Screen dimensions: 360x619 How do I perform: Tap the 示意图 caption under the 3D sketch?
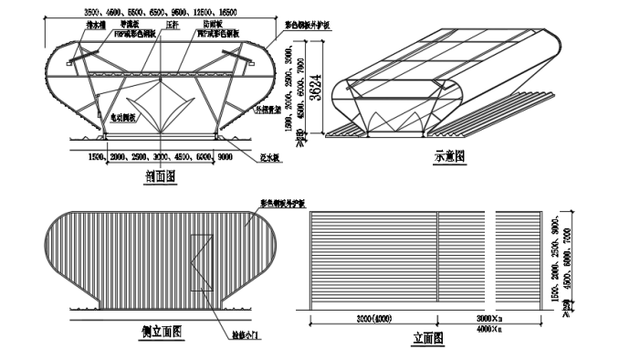pos(449,156)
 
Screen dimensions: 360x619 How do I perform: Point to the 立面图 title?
pos(428,338)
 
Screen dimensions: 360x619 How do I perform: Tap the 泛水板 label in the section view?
pos(270,156)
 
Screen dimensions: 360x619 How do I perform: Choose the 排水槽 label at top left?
pos(96,26)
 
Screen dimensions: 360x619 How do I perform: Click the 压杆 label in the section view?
pos(172,26)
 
